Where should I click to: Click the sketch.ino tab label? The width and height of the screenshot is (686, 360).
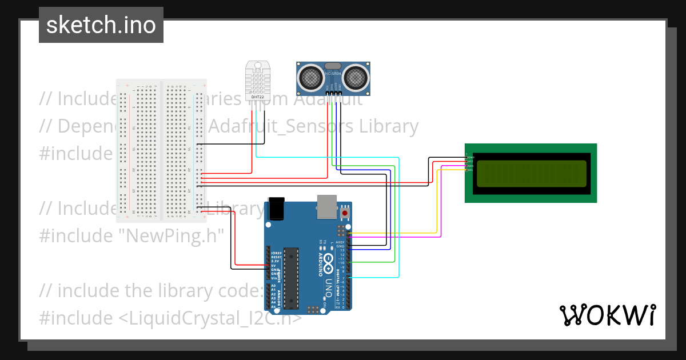pos(101,26)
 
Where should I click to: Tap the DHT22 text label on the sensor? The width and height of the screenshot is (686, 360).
pos(258,97)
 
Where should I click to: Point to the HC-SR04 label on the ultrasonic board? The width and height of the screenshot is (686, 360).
pos(333,74)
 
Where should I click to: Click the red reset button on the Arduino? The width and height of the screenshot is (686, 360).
pos(345,213)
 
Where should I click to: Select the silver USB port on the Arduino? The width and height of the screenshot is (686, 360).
pos(326,206)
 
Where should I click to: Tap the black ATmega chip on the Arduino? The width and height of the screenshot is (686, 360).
pos(291,277)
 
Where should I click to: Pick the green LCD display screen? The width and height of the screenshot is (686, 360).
pos(531,173)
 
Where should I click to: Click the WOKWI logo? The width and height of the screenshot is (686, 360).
pos(608,315)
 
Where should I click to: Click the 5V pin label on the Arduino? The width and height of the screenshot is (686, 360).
pos(274,265)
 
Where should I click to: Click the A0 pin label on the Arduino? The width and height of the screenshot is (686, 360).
pos(273,286)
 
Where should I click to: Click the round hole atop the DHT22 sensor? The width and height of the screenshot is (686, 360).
pos(258,64)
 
